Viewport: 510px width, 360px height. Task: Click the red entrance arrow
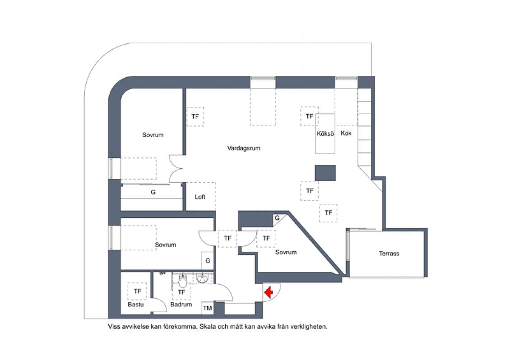point(269,292)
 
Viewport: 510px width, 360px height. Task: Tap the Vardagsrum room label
point(244,148)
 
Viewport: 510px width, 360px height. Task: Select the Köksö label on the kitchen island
point(325,134)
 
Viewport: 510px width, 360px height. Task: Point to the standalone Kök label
point(346,133)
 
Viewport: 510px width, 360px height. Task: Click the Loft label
point(200,197)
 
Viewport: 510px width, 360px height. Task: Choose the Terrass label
point(389,254)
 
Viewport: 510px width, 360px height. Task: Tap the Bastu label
point(136,305)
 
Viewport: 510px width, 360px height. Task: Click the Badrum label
point(181,305)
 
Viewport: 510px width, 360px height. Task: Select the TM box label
point(207,308)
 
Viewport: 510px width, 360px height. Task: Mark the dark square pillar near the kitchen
point(325,173)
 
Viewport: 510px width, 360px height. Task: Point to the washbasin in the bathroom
point(203,278)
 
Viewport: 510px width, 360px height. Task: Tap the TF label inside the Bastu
point(138,291)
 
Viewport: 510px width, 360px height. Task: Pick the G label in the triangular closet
point(277,218)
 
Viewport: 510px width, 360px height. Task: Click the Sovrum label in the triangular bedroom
point(286,252)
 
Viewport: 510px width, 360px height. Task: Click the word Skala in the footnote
point(209,327)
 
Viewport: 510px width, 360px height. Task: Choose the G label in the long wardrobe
point(153,193)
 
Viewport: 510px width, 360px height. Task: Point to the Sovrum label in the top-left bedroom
point(153,135)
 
